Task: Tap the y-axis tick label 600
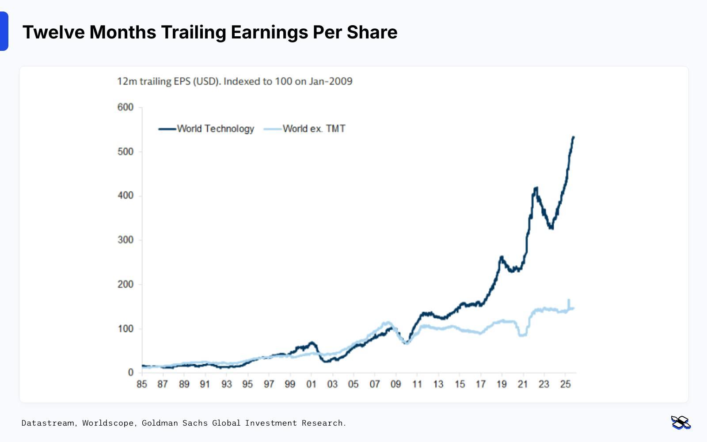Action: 125,107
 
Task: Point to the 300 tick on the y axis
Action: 125,240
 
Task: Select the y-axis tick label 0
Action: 130,373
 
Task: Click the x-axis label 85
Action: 142,384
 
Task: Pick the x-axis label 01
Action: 311,384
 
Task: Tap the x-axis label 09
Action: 396,384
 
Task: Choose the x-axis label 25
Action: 565,384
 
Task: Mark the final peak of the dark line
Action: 574,137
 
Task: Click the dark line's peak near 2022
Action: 536,188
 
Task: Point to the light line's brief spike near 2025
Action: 569,300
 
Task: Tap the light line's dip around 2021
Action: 523,335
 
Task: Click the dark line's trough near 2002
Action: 326,361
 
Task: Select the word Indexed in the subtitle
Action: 241,81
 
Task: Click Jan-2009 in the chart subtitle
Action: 331,81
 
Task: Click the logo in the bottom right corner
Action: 680,423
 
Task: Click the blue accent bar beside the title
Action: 4,31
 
